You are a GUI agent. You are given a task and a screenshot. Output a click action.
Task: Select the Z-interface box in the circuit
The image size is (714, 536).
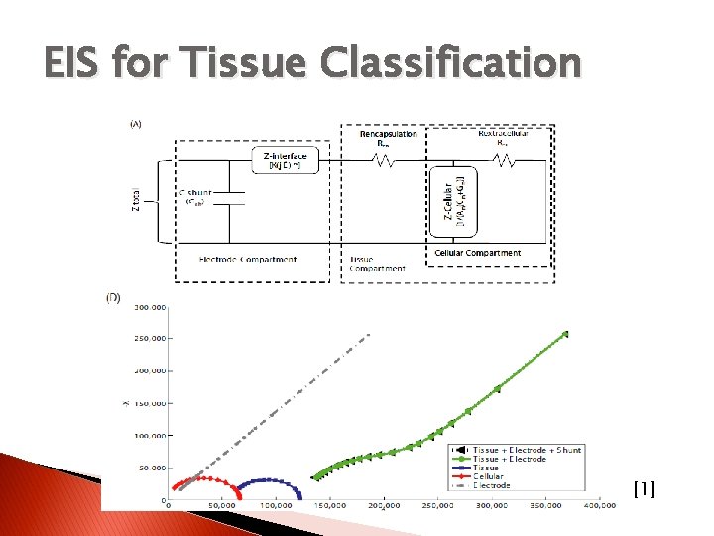point(285,161)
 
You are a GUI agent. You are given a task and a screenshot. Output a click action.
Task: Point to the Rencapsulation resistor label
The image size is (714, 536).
point(389,137)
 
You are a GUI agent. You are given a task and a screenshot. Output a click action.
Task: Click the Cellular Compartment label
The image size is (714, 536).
point(478,253)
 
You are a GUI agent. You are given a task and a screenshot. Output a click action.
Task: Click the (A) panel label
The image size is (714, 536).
point(135,124)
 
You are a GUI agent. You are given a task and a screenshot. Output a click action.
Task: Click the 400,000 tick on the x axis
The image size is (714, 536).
point(599,506)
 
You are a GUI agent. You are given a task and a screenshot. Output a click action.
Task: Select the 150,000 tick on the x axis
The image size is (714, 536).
point(329,506)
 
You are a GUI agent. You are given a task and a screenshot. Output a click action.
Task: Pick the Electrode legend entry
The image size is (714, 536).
point(492,485)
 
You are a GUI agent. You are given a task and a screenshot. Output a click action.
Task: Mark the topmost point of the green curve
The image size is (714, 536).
point(566,335)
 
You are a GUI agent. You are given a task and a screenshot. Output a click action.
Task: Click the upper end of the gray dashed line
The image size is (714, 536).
point(369,335)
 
